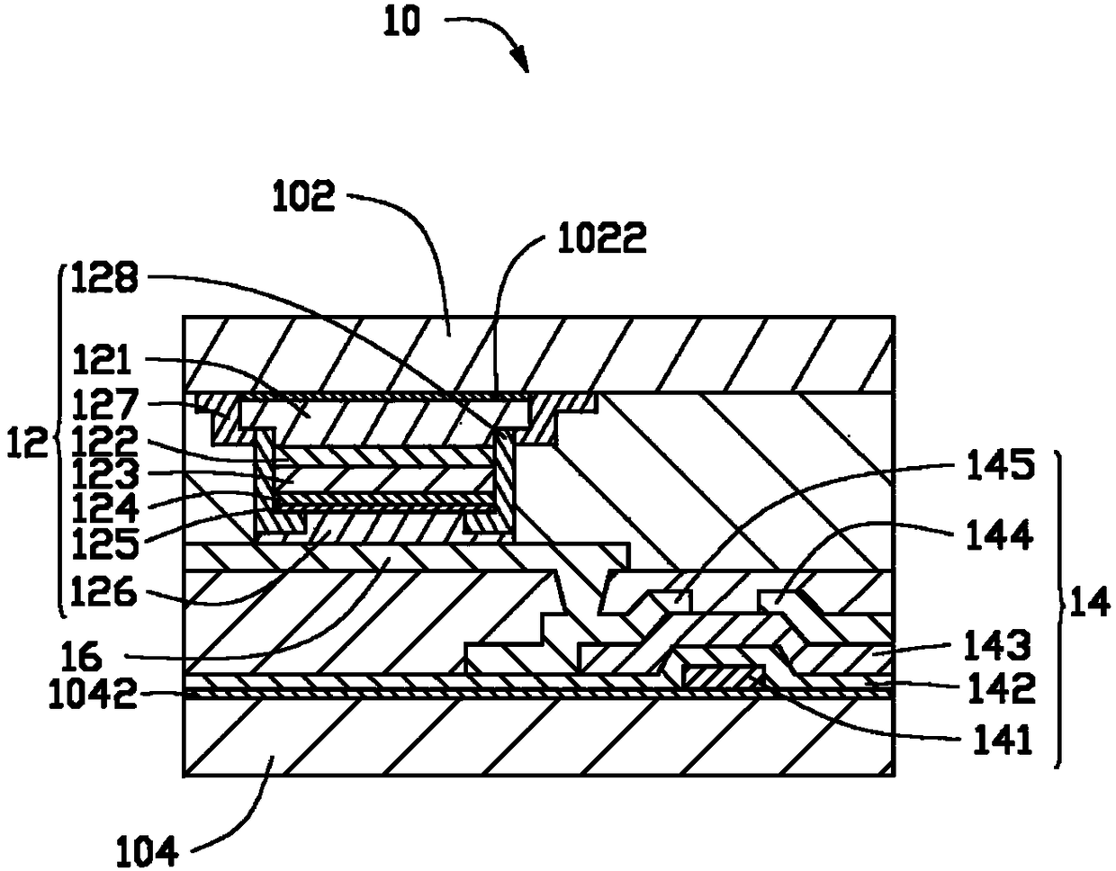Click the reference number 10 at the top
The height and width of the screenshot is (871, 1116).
tap(402, 22)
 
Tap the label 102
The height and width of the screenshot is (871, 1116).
tap(303, 195)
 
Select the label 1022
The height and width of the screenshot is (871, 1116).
tap(602, 238)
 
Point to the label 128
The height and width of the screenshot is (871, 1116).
tap(104, 277)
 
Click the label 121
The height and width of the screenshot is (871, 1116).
tap(103, 360)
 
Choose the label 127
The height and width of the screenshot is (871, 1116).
tap(104, 404)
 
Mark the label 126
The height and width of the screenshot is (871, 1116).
tap(103, 591)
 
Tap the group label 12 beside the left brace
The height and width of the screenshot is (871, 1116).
tap(27, 444)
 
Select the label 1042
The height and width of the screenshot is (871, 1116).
tap(93, 694)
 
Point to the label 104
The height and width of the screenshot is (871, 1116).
tap(147, 851)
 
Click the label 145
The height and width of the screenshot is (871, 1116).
tap(1001, 465)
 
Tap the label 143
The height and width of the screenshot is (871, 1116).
tap(997, 645)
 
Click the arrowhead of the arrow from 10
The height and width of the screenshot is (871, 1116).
tap(522, 60)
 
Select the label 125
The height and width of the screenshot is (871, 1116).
tap(105, 544)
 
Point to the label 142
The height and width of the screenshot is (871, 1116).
tap(999, 689)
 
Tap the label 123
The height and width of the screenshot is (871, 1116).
tap(105, 475)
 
